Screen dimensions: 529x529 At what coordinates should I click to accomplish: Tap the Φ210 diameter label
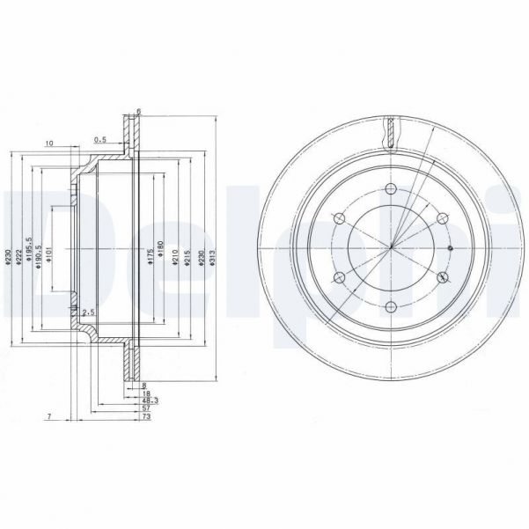click(177, 255)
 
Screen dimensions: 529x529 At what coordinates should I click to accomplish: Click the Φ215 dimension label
click(189, 255)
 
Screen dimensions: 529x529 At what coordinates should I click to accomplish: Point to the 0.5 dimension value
click(100, 139)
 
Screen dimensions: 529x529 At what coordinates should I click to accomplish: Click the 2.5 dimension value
click(88, 312)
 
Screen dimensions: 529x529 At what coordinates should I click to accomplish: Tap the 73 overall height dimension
click(144, 419)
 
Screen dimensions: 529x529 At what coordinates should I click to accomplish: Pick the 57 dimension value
click(144, 409)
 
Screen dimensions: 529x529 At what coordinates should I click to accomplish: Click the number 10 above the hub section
click(50, 142)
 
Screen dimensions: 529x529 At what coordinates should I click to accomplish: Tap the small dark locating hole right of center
click(450, 248)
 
